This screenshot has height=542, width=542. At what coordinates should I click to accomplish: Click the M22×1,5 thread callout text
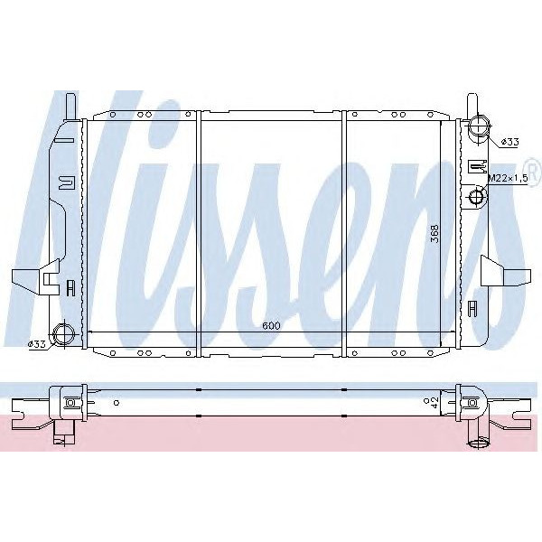pyautogui.click(x=506, y=179)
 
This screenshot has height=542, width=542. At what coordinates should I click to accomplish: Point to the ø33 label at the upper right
pyautogui.click(x=509, y=142)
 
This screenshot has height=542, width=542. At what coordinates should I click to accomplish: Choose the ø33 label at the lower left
pyautogui.click(x=37, y=344)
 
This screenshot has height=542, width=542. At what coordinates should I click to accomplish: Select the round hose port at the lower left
pyautogui.click(x=64, y=334)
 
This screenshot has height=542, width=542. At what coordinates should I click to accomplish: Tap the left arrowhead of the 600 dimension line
pyautogui.click(x=89, y=334)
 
